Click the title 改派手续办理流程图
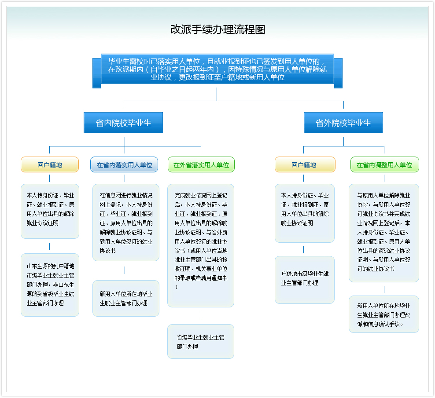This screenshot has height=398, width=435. pyautogui.click(x=217, y=29)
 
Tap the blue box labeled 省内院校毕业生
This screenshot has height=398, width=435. pyautogui.click(x=123, y=123)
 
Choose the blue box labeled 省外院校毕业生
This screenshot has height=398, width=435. pyautogui.click(x=343, y=123)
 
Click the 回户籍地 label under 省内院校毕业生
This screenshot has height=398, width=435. pyautogui.click(x=50, y=165)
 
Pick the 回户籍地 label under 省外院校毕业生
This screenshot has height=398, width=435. pyautogui.click(x=304, y=165)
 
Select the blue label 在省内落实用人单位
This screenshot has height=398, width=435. pyautogui.click(x=124, y=165)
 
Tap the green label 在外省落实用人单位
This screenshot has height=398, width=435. pyautogui.click(x=201, y=165)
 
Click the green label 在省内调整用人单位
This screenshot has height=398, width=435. pyautogui.click(x=384, y=165)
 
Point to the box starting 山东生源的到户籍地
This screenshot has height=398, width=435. pyautogui.click(x=50, y=285)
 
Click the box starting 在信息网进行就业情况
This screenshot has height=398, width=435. pyautogui.click(x=125, y=223)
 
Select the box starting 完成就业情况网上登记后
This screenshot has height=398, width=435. pyautogui.click(x=201, y=245)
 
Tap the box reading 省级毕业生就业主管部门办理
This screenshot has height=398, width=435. pyautogui.click(x=201, y=342)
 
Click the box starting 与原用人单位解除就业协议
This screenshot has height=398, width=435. pyautogui.click(x=384, y=232)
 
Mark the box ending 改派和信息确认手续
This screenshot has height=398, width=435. pyautogui.click(x=384, y=314)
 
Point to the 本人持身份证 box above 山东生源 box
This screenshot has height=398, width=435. pyautogui.click(x=50, y=211)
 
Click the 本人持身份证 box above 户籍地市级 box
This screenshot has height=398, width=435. pyautogui.click(x=305, y=213)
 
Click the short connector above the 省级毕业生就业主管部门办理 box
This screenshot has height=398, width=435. pyautogui.click(x=201, y=316)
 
